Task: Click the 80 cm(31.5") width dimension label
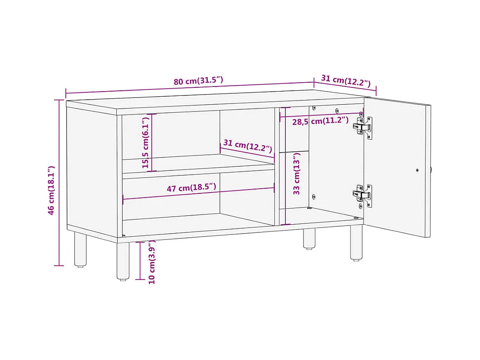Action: pyautogui.click(x=198, y=81)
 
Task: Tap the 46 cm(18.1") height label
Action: pyautogui.click(x=51, y=190)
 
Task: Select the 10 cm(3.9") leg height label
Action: pyautogui.click(x=152, y=262)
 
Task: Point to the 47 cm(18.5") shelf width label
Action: pyautogui.click(x=191, y=187)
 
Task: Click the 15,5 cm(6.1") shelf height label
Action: pyautogui.click(x=145, y=142)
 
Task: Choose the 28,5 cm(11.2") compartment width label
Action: pyautogui.click(x=320, y=121)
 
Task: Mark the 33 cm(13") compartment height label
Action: pyautogui.click(x=296, y=173)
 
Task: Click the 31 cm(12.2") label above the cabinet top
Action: pyautogui.click(x=346, y=81)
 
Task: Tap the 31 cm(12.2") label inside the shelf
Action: pyautogui.click(x=248, y=145)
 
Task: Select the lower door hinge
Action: pyautogui.click(x=363, y=195)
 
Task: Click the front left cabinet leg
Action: pyautogui.click(x=123, y=261)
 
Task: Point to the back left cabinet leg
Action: pyautogui.click(x=81, y=249)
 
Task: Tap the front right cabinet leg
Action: pyautogui.click(x=356, y=243)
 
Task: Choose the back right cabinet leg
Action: pyautogui.click(x=309, y=238)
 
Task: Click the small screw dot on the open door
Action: pyautogui.click(x=417, y=170)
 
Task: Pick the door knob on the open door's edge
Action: pyautogui.click(x=431, y=170)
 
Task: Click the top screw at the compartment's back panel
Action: pyautogui.click(x=337, y=111)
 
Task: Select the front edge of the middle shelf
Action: pyautogui.click(x=198, y=171)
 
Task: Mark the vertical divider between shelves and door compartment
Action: pyautogui.click(x=277, y=167)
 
